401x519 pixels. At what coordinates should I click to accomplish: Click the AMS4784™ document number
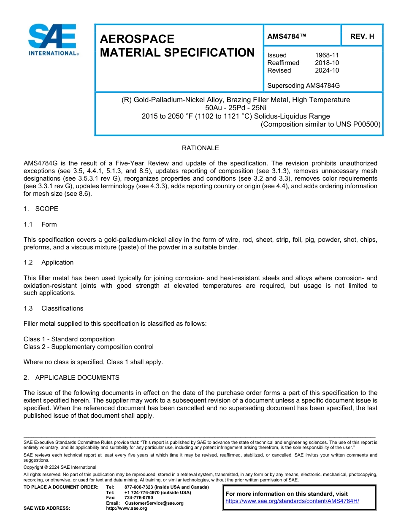coord(287,36)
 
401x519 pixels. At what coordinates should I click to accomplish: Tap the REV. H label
coord(362,36)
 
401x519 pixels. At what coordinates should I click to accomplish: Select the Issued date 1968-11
coord(327,55)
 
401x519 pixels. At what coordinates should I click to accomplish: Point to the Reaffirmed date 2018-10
coord(327,63)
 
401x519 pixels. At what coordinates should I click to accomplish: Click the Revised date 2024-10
coord(327,70)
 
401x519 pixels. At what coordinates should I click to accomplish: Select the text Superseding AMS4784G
coord(303,86)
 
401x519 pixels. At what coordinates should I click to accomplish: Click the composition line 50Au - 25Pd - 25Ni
coord(238,108)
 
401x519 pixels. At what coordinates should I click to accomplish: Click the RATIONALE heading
coord(200,148)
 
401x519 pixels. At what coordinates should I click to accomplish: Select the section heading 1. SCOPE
coord(41,209)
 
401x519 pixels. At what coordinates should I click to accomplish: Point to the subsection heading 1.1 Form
coord(40,224)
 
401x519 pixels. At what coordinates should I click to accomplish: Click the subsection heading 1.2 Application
coord(49,262)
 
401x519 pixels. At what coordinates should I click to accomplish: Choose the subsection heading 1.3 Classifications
coord(53,308)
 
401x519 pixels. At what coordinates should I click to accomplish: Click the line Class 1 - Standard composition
coord(69,339)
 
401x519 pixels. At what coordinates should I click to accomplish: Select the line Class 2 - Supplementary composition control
coord(88,347)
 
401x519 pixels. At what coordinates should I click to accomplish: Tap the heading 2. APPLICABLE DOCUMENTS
coord(71,378)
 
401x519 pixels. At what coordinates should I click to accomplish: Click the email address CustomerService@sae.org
coord(154,503)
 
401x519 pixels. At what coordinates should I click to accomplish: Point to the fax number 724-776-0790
coord(139,498)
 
